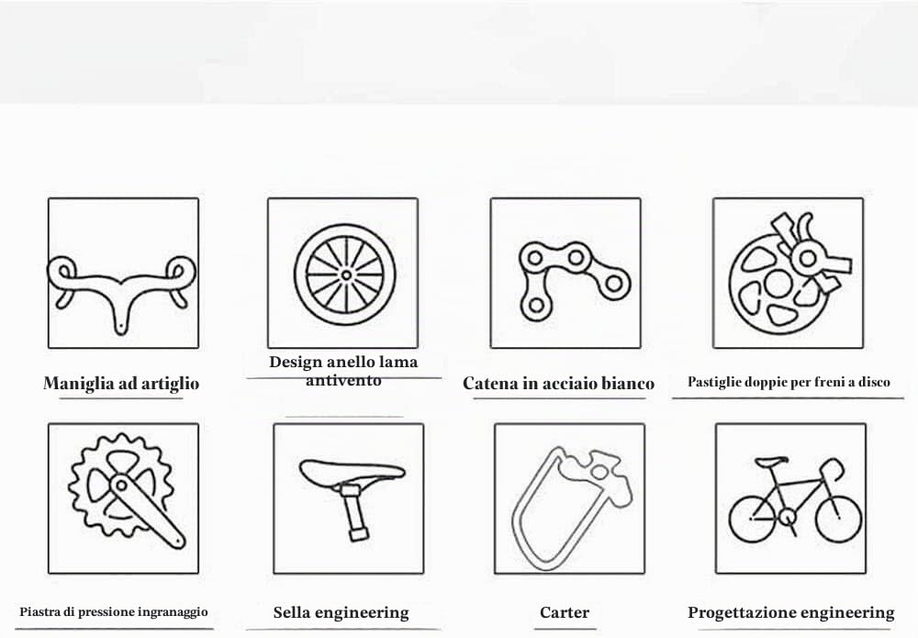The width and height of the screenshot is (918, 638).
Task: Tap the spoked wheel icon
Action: click(345, 274)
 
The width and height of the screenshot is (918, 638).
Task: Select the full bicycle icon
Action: click(795, 498)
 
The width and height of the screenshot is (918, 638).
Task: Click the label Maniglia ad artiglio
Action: click(121, 384)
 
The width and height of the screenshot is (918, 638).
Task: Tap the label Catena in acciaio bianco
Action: click(558, 384)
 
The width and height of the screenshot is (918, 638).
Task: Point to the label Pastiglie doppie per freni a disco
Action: click(789, 382)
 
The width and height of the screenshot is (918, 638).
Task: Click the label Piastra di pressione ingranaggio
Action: click(114, 612)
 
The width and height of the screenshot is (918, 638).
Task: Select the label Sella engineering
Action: click(341, 613)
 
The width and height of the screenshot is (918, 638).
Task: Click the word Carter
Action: click(565, 612)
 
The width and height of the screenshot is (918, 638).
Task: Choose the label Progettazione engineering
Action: click(791, 613)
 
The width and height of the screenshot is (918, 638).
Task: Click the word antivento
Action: click(343, 380)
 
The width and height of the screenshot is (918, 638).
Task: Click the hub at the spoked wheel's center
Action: click(346, 274)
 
